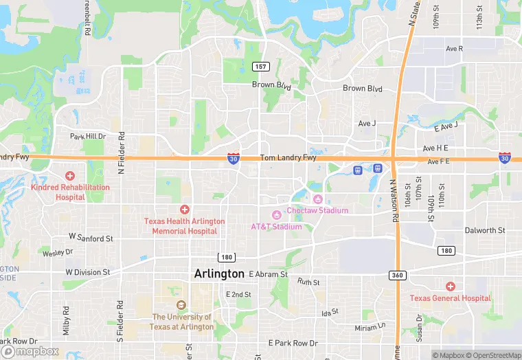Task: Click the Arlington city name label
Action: click(219, 273)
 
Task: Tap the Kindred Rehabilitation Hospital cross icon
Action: click(69, 176)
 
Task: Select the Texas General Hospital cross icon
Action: click(450, 286)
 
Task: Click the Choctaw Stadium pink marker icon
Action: click(317, 199)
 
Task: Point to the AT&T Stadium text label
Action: click(276, 227)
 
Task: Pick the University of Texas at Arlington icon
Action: click(181, 305)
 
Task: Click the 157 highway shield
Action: click(260, 67)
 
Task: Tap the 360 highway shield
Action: click(397, 275)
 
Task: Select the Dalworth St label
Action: click(484, 230)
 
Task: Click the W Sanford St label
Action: click(91, 238)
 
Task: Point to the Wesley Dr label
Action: click(58, 253)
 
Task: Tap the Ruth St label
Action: click(308, 282)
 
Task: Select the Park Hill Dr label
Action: click(88, 136)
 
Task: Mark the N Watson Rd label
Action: click(394, 201)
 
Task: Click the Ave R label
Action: click(454, 49)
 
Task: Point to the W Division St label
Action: click(88, 272)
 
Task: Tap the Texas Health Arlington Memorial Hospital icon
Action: click(184, 209)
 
